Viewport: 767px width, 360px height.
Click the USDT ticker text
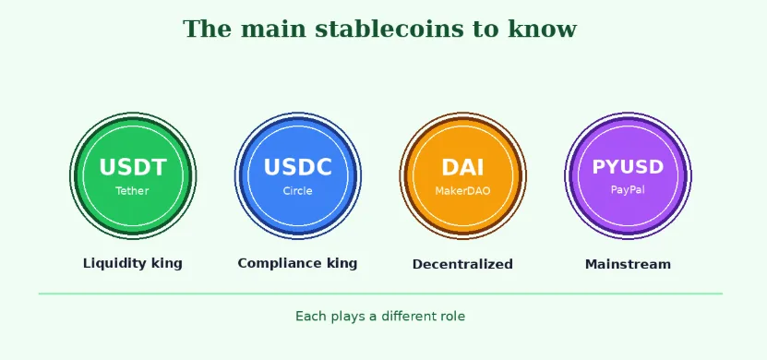133,167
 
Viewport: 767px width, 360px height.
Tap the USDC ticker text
297,167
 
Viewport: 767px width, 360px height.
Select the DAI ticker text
462,167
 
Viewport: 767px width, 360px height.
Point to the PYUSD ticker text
628,167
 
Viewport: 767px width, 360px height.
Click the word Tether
132,191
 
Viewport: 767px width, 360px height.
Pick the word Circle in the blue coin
297,191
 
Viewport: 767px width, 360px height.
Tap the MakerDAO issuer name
462,191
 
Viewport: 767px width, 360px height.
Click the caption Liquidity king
133,263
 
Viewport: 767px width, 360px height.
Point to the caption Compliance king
297,263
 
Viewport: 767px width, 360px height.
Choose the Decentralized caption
462,264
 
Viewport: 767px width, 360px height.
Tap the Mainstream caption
628,264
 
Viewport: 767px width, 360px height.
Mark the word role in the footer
451,317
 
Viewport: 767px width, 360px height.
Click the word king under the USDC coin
342,263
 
